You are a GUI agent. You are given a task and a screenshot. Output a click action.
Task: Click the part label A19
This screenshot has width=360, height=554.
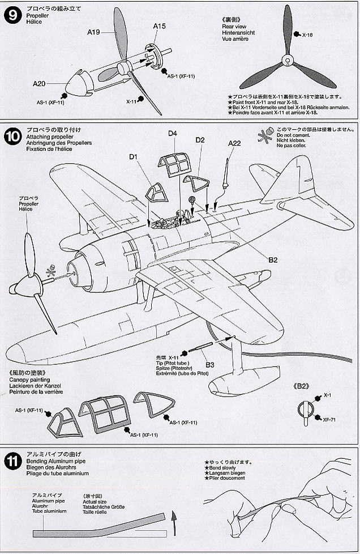tap(94, 33)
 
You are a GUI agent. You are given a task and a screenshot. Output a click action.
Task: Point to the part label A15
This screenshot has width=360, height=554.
tap(159, 26)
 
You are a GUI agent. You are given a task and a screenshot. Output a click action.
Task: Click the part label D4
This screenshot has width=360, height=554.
tap(173, 134)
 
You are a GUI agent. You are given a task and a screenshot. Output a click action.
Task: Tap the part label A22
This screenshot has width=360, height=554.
tap(235, 143)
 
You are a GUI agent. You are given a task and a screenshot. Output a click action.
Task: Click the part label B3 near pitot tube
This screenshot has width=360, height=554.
tap(209, 364)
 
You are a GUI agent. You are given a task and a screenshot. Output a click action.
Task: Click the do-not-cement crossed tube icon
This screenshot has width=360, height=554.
tap(264, 137)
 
